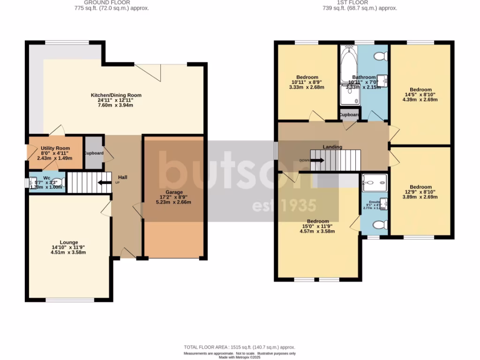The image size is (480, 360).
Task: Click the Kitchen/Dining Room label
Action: [x=116, y=95]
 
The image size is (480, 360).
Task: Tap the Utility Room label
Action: [x=55, y=148]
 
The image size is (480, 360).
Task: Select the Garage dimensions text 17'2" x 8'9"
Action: [x=173, y=197]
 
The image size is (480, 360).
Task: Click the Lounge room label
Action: [x=68, y=242]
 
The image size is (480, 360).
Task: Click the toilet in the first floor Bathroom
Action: [x=380, y=56]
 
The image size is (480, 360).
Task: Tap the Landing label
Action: [x=332, y=147]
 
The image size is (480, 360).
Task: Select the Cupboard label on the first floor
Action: [x=349, y=115]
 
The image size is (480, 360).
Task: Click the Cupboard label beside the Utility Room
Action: [x=94, y=153]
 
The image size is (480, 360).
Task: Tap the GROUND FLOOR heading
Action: [x=111, y=2]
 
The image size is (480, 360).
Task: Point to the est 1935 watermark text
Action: [x=284, y=206]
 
